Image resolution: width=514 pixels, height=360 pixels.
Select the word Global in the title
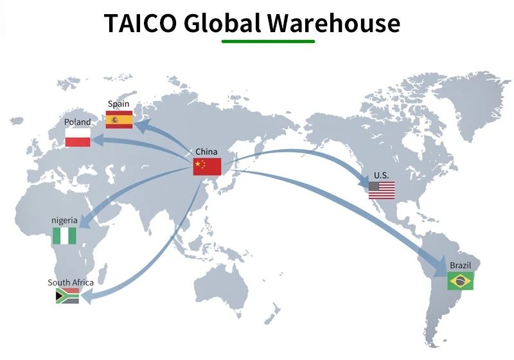(x=222, y=23)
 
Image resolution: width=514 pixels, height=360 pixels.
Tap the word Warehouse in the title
(x=334, y=23)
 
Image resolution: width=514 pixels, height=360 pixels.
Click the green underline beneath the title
(x=268, y=42)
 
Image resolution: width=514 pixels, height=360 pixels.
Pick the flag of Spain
(x=119, y=120)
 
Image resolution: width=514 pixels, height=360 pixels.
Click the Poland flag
(x=78, y=138)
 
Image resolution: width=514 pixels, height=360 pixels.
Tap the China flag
(x=207, y=166)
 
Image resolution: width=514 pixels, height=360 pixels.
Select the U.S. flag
(x=382, y=190)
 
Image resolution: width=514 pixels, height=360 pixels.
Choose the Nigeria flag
(x=64, y=235)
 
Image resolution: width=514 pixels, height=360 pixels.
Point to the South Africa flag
(x=67, y=296)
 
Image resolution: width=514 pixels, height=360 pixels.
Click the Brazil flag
(x=460, y=280)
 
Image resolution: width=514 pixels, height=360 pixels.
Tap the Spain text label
(x=118, y=104)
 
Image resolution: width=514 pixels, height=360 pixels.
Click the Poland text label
(x=78, y=122)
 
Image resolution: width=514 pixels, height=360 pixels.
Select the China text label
(x=206, y=152)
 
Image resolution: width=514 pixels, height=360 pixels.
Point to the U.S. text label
(x=382, y=175)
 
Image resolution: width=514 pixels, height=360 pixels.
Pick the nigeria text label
(x=64, y=221)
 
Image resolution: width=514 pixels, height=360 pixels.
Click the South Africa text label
(x=71, y=283)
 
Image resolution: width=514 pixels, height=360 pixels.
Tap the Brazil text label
(x=460, y=265)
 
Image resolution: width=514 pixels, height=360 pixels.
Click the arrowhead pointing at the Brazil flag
(x=439, y=265)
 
